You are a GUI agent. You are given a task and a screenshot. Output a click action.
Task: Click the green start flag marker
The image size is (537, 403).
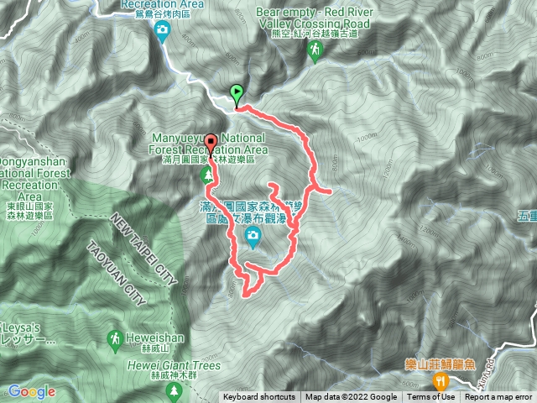click(x=237, y=93)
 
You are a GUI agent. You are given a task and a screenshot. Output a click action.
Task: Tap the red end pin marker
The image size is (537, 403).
click(x=210, y=142)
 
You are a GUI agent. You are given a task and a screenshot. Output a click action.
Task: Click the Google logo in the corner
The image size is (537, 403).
click(x=31, y=391)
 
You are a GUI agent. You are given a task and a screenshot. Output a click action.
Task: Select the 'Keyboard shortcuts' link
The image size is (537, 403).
click(x=259, y=397)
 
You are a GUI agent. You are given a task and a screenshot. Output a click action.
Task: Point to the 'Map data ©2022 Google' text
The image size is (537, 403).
click(x=351, y=397)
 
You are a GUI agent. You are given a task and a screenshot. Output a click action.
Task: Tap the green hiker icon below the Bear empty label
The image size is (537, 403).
click(x=315, y=52)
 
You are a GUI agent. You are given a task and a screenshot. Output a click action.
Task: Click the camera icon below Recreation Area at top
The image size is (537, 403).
click(x=162, y=32)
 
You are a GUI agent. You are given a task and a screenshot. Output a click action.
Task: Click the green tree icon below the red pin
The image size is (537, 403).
click(x=206, y=175)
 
